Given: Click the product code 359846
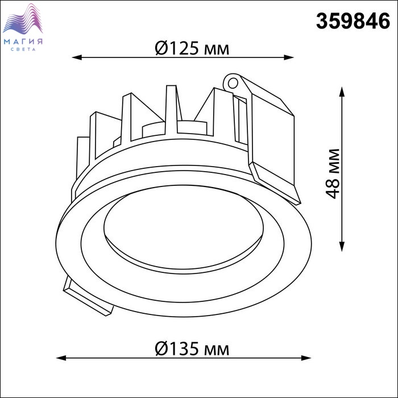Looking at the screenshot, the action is click(353, 21).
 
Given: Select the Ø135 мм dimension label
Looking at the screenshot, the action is click(192, 349).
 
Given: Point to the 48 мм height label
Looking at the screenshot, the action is click(332, 173).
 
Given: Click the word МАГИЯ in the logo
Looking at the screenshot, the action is click(23, 42).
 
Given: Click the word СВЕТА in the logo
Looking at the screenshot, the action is click(23, 49).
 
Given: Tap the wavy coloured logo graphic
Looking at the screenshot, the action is click(23, 19).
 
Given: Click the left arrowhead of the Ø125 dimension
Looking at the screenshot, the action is click(77, 57).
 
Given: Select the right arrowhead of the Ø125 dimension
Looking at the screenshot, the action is click(289, 57).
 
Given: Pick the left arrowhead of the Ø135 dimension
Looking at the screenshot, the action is click(61, 358).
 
